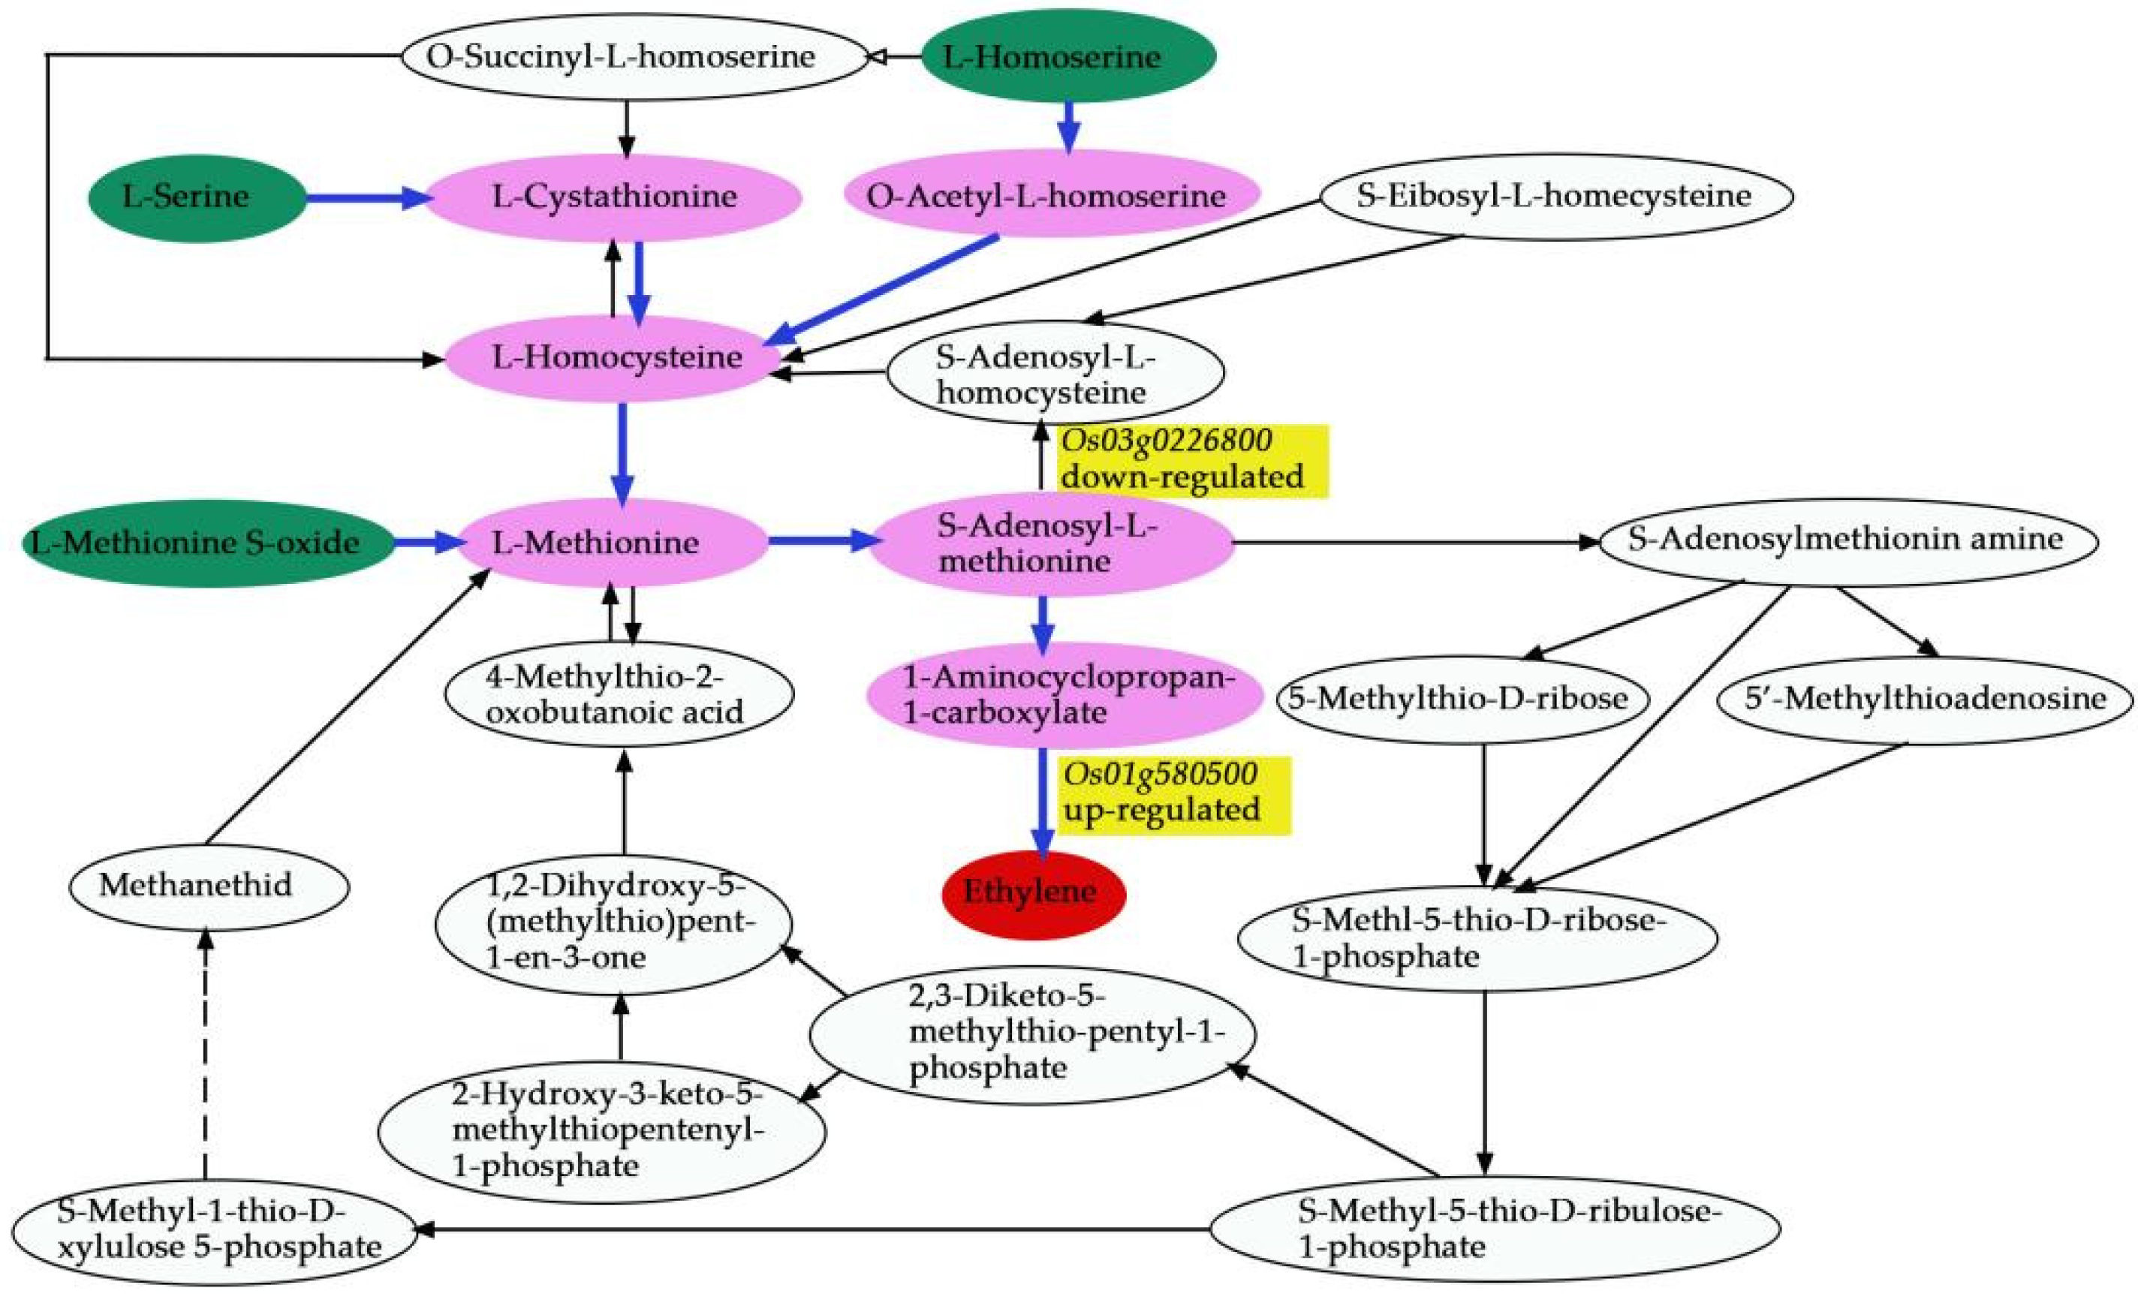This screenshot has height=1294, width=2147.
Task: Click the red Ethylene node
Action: [1034, 893]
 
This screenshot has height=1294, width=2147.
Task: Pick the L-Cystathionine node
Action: [614, 197]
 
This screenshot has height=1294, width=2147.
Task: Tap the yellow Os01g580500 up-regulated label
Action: [1172, 794]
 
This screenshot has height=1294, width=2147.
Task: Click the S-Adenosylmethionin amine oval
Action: [1847, 540]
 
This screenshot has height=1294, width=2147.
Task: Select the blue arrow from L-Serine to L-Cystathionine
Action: [366, 199]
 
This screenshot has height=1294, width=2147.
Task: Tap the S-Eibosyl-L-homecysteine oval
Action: [1555, 196]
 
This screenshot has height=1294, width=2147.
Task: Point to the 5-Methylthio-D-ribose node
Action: [1462, 699]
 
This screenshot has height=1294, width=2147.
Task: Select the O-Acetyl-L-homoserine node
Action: [1051, 196]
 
